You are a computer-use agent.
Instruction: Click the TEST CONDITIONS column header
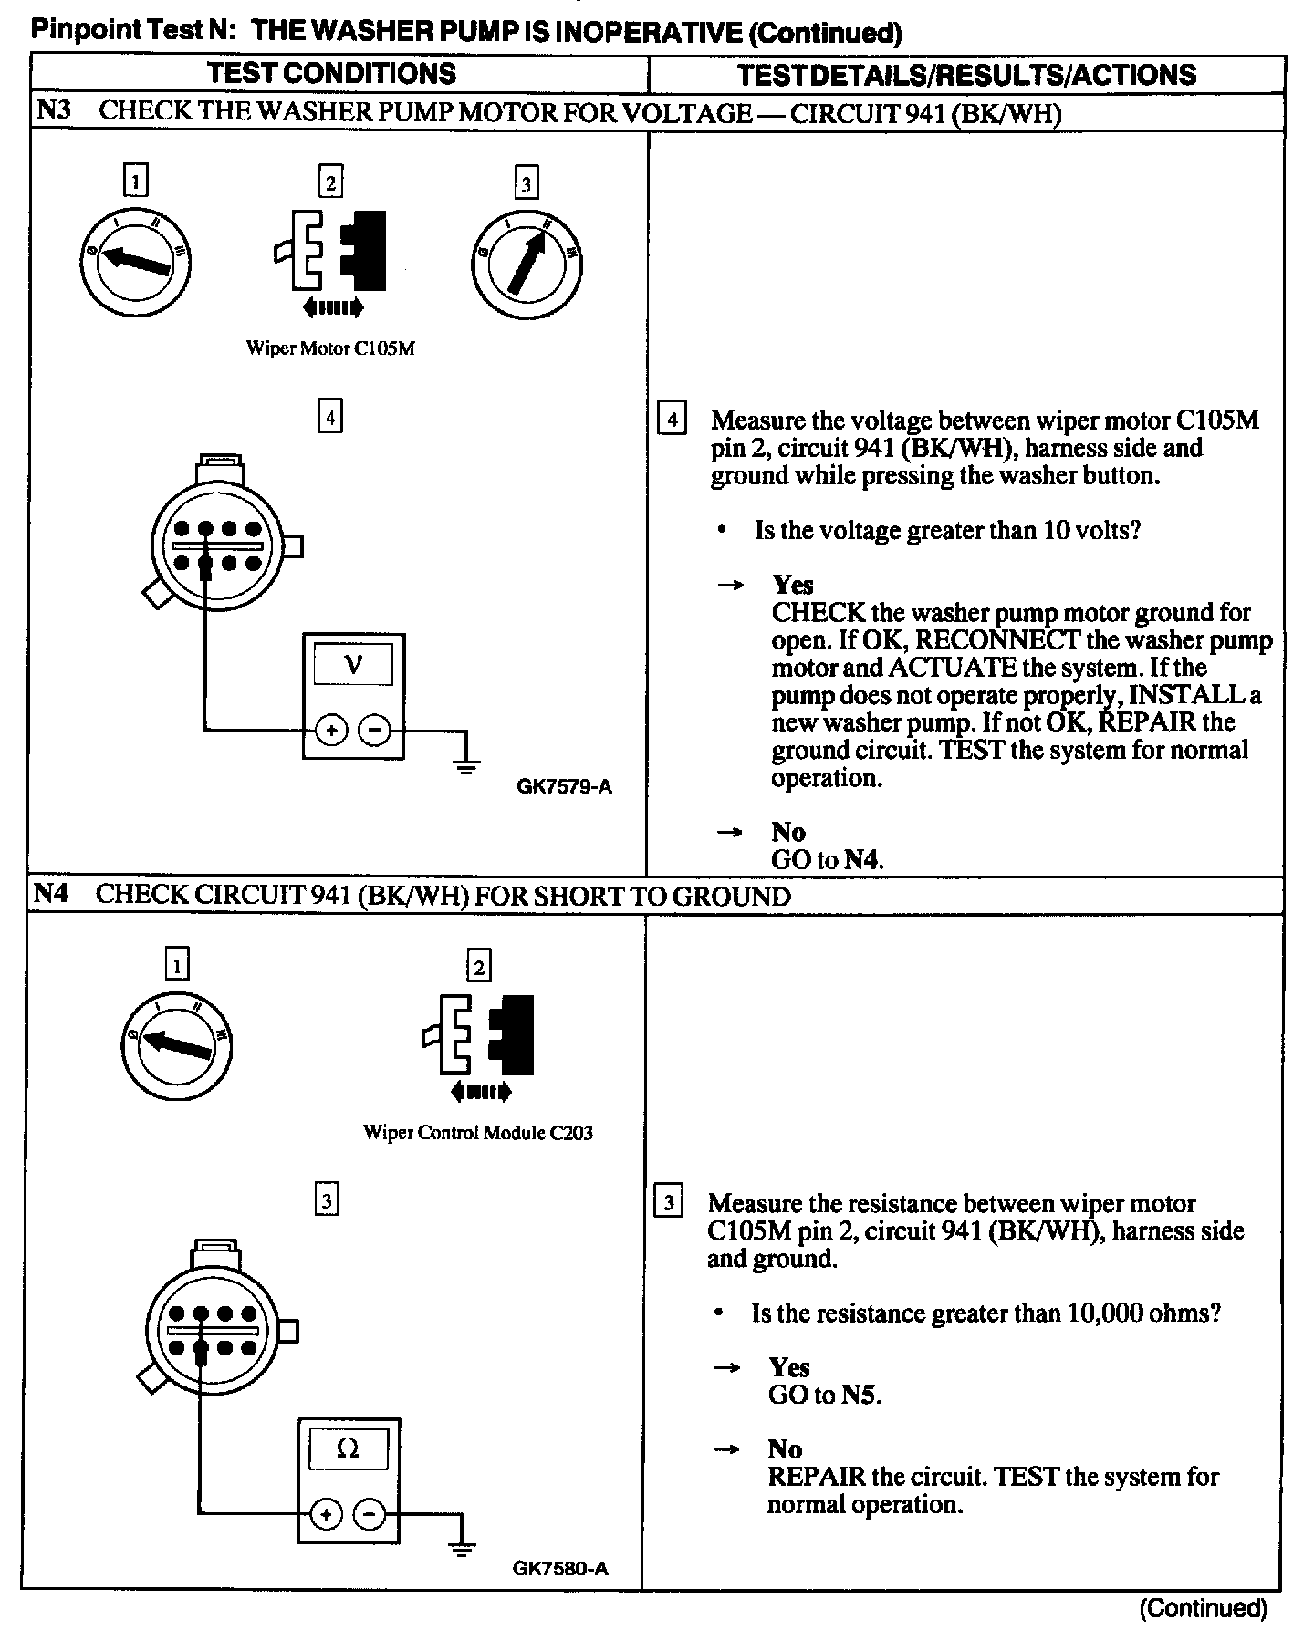(x=331, y=74)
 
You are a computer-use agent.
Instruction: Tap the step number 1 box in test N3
(x=135, y=182)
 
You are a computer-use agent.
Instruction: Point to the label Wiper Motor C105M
(x=330, y=348)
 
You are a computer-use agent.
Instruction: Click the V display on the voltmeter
(x=353, y=665)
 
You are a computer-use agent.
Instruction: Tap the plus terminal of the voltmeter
(x=331, y=730)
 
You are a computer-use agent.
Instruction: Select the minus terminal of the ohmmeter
(x=369, y=1514)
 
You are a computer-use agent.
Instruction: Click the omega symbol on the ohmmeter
(x=348, y=1448)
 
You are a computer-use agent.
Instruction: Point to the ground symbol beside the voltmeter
(x=466, y=764)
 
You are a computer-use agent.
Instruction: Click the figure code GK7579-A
(x=564, y=786)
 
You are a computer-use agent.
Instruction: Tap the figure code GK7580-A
(x=560, y=1569)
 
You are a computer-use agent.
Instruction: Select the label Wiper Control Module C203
(x=477, y=1133)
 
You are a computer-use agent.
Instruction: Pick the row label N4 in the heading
(x=50, y=895)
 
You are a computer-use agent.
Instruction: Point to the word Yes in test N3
(x=792, y=585)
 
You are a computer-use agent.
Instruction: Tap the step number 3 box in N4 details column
(x=668, y=1203)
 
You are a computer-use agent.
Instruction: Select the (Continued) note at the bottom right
(x=1203, y=1608)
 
